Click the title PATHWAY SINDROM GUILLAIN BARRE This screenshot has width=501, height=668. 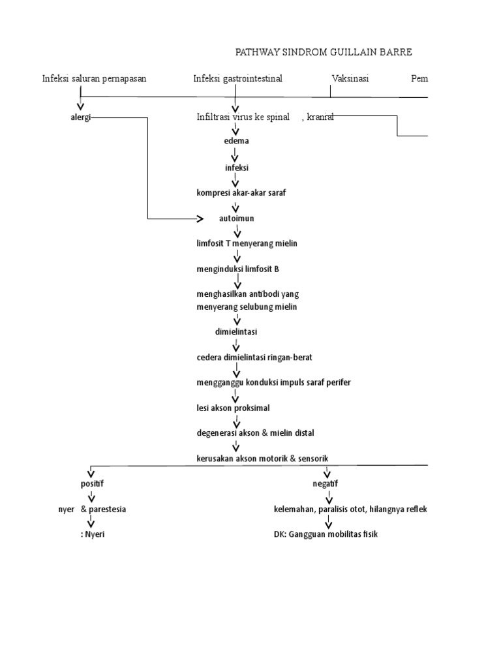click(324, 52)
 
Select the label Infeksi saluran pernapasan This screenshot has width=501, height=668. click(94, 78)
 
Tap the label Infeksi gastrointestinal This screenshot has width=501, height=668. click(237, 78)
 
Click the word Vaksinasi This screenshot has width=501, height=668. click(350, 78)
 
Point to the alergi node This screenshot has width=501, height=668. click(81, 117)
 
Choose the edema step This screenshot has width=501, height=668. click(236, 140)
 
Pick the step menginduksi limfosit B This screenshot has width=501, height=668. click(237, 269)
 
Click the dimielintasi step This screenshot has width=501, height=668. click(236, 331)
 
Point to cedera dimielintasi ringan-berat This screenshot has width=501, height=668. click(259, 357)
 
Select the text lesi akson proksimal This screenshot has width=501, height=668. click(233, 408)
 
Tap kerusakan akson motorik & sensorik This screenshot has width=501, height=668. click(262, 459)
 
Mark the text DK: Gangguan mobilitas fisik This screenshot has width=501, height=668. click(326, 534)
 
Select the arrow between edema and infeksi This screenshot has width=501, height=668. click(236, 155)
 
